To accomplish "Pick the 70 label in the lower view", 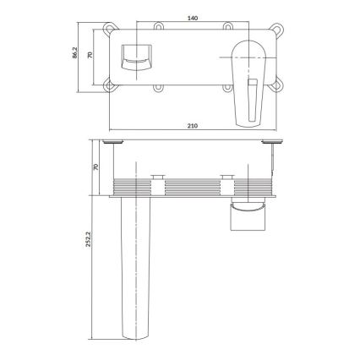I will click(95, 166).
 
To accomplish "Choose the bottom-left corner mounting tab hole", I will click(108, 85).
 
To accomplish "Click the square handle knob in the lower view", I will click(247, 219).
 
